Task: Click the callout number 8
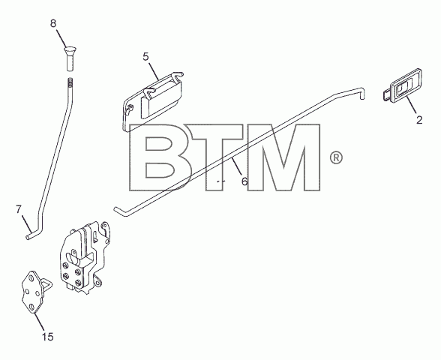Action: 53,23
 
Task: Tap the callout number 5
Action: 145,57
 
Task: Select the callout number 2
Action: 419,120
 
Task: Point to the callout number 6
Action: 244,181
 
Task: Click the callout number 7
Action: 19,209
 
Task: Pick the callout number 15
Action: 48,337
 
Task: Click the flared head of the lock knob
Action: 70,51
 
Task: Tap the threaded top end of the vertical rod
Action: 70,82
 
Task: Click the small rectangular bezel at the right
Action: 403,85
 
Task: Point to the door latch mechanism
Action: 85,258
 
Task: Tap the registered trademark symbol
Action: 336,157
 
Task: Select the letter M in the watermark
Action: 284,157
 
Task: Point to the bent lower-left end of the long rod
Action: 120,211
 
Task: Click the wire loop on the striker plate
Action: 47,283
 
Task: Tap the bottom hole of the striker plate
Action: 31,307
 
